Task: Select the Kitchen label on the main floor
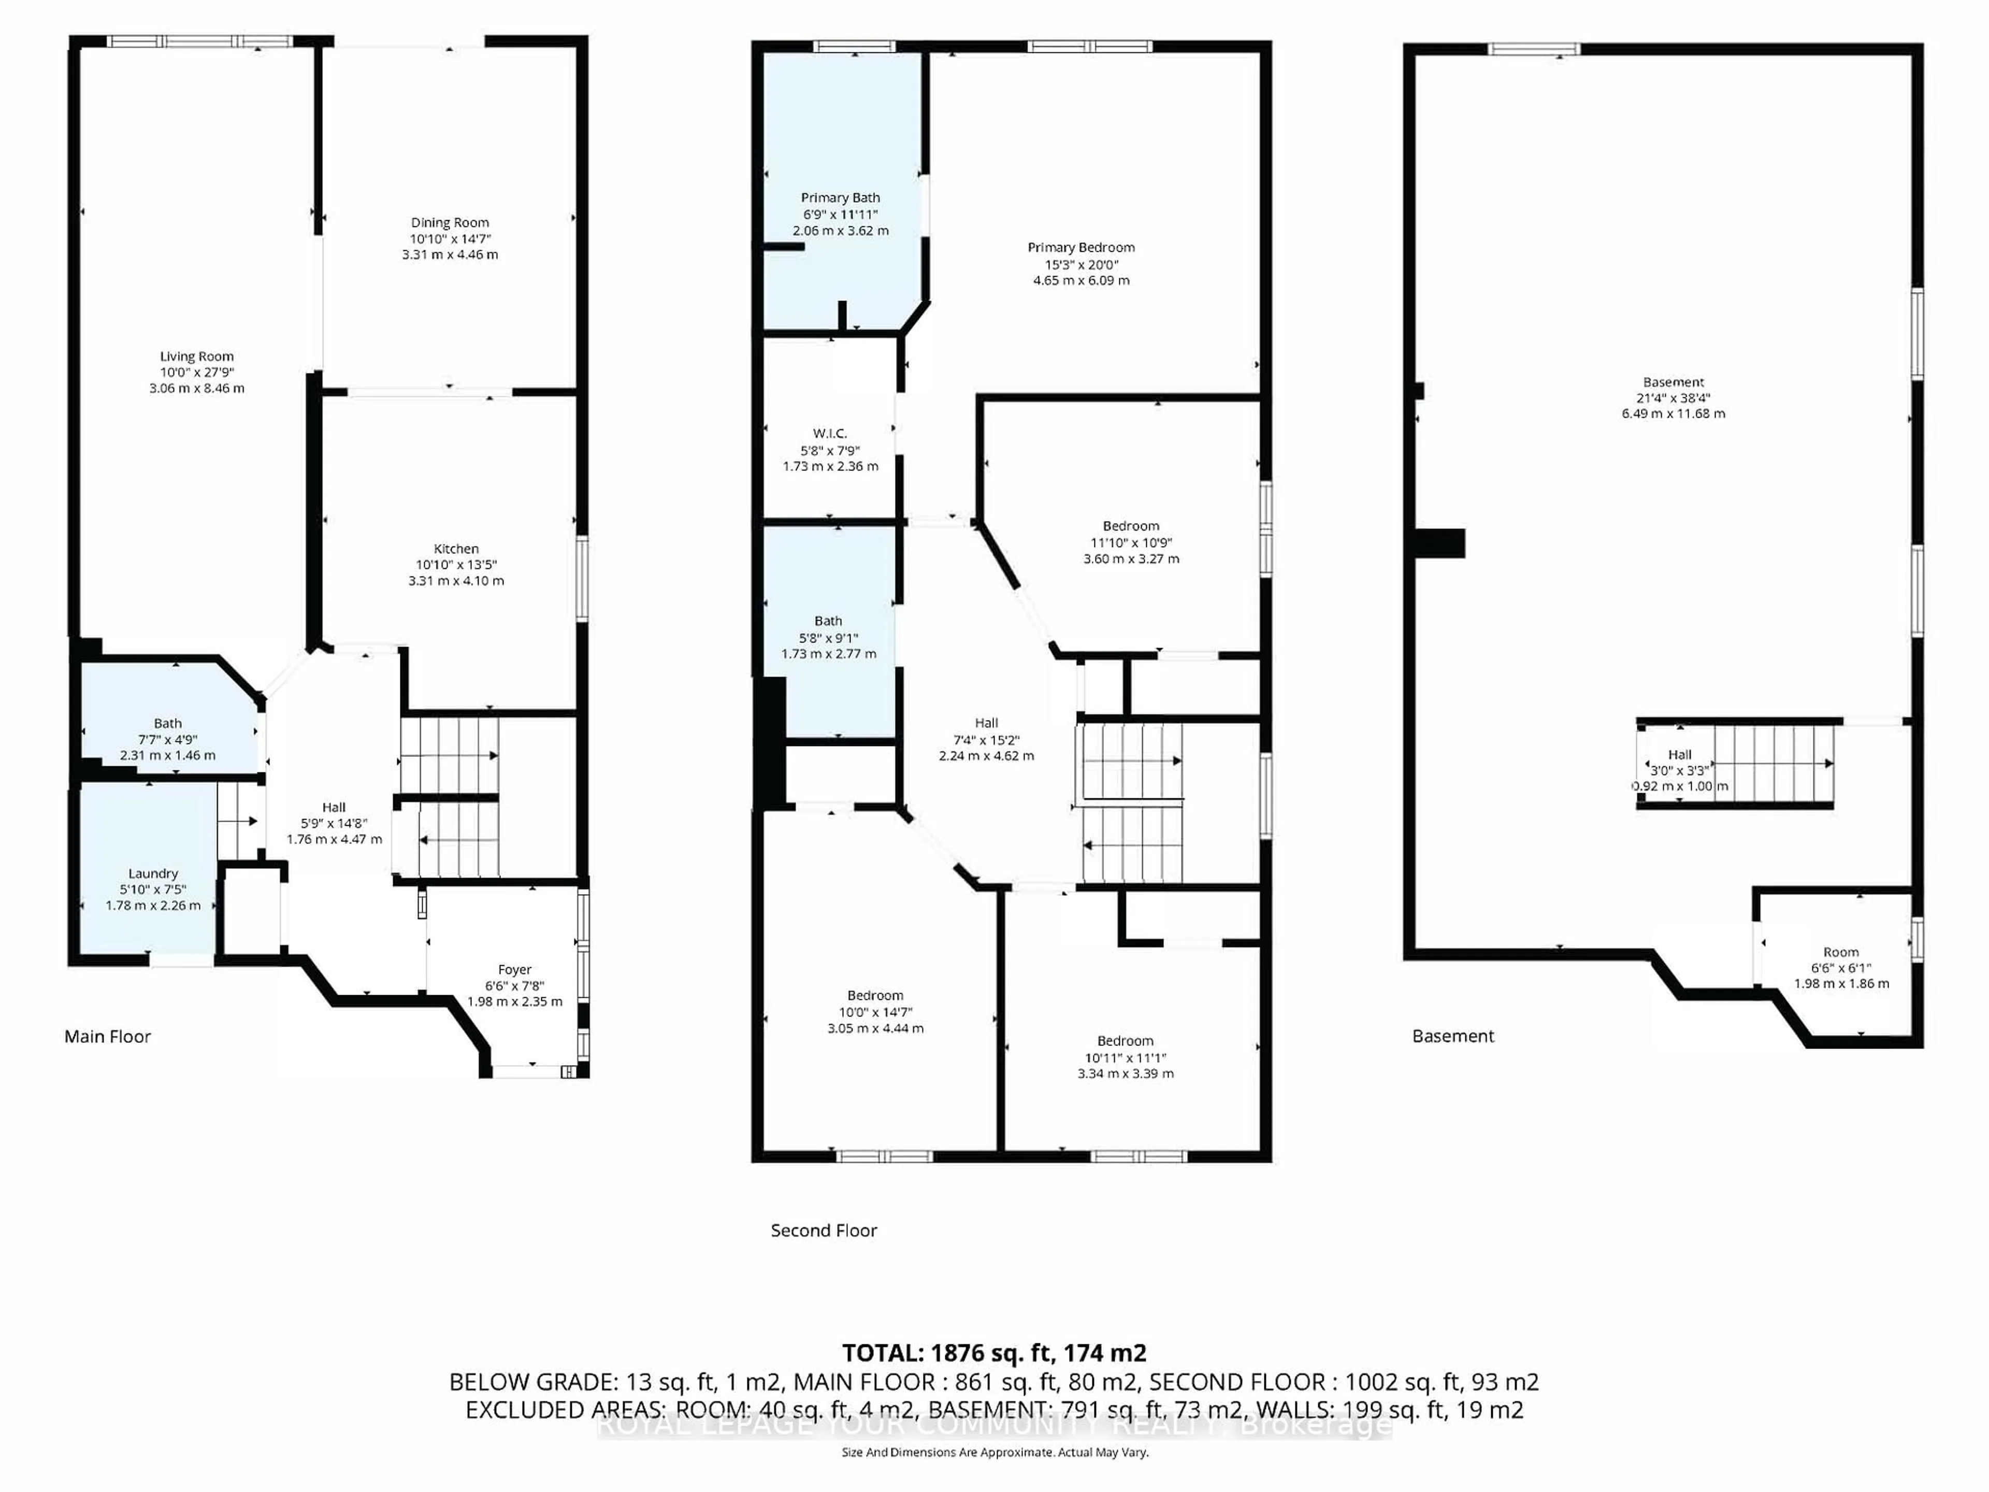click(456, 549)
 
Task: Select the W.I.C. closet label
click(829, 434)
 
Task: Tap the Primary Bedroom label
click(1081, 247)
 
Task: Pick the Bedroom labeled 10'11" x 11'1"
click(1125, 1057)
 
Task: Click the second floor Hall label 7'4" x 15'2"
click(986, 739)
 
